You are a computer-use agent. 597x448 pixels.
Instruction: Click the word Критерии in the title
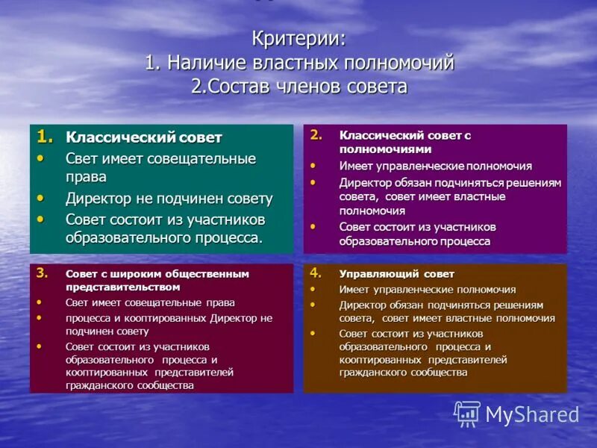[296, 38]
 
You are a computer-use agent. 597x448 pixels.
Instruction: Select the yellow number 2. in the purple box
[316, 135]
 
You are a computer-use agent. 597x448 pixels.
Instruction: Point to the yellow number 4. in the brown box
[316, 273]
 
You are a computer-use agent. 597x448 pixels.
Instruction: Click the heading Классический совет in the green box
[144, 137]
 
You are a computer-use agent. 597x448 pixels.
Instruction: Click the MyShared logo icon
[467, 414]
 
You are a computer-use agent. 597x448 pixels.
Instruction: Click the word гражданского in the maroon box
[100, 385]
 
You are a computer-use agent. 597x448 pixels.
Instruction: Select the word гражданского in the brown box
[374, 372]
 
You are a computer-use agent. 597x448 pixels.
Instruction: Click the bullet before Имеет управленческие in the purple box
[313, 166]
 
